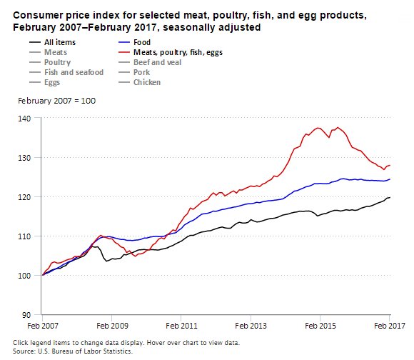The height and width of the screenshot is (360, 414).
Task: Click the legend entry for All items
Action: [64, 42]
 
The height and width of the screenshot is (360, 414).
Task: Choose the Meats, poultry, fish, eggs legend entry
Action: [176, 52]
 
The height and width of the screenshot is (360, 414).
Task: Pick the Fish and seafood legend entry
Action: [74, 72]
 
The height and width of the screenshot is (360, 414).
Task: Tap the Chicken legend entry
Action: [146, 82]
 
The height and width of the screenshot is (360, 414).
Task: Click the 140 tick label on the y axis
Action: [25, 118]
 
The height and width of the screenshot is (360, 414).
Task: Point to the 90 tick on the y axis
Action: [27, 314]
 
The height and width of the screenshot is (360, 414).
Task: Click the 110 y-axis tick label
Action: [25, 236]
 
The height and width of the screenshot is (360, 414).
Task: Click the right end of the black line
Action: [390, 197]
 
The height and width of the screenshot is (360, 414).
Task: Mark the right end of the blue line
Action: [390, 179]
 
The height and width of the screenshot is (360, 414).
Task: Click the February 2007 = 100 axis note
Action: [56, 100]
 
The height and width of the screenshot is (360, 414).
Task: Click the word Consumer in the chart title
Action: [33, 15]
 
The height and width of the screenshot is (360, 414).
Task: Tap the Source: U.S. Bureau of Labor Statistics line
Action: [73, 351]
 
